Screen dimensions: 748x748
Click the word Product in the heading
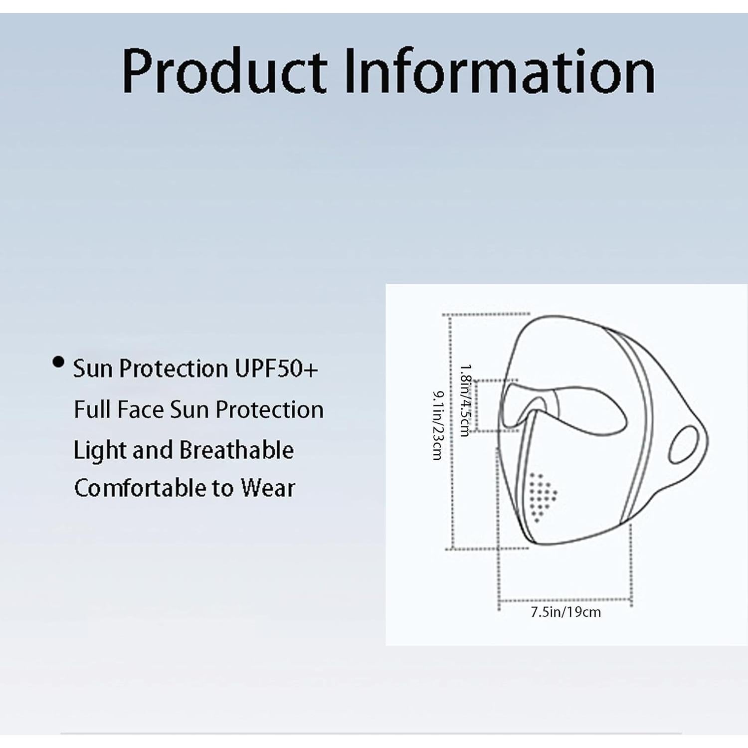[224, 71]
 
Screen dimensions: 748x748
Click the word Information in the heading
[499, 71]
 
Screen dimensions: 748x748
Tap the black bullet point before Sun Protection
[59, 362]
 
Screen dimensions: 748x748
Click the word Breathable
[236, 450]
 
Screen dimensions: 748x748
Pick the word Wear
[268, 488]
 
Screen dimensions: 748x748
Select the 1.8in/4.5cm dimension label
[465, 400]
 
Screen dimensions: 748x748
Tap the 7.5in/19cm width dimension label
[565, 612]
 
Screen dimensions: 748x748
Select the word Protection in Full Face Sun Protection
[269, 410]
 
